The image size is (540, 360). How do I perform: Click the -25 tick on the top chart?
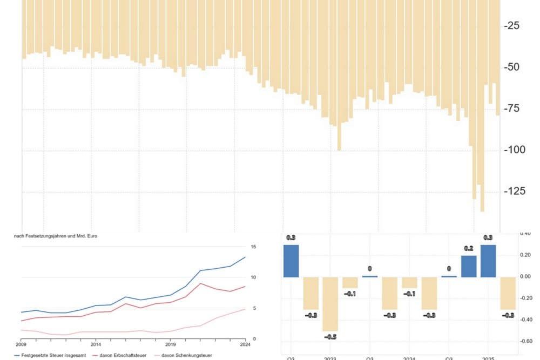[x=511, y=26]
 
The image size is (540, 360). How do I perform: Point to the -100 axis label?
[x=514, y=150]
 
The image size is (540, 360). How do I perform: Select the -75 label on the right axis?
[x=511, y=108]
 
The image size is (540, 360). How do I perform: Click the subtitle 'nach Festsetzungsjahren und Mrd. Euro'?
[x=56, y=236]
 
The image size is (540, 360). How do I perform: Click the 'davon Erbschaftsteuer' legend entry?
[x=123, y=355]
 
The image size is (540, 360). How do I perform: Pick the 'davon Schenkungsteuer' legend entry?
[x=187, y=355]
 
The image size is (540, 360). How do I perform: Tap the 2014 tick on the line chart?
[x=96, y=344]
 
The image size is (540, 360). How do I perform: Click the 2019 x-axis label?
[x=171, y=344]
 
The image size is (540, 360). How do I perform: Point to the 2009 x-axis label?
[x=21, y=344]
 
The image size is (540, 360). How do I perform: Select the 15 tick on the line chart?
[x=253, y=247]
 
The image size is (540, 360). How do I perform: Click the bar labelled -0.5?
[x=330, y=304]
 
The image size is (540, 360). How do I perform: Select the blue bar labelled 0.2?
[x=469, y=266]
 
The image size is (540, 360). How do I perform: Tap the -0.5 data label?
[x=330, y=337]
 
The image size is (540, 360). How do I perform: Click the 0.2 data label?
[x=469, y=249]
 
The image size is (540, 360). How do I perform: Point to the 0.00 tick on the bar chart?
[x=525, y=276]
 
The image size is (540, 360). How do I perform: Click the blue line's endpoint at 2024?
[x=245, y=257]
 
